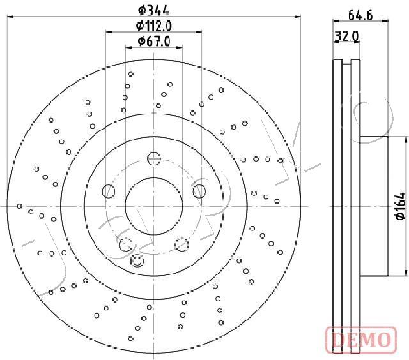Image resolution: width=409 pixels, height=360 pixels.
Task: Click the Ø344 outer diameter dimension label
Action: [153, 11]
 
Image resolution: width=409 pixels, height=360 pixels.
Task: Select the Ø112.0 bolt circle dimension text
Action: [154, 26]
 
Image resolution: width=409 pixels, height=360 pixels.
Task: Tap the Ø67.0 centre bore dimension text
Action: [154, 41]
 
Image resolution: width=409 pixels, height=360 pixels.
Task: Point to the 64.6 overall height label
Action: [360, 15]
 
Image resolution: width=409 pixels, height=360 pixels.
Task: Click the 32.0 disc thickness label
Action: [347, 37]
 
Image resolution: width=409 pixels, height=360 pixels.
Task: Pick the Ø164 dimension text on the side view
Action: [401, 206]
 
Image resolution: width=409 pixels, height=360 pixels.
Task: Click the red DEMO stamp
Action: [361, 340]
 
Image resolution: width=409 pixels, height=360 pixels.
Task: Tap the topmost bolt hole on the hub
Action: [154, 158]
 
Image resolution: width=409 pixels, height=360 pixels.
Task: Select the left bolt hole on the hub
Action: [108, 191]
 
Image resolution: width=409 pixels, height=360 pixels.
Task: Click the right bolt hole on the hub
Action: [199, 191]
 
